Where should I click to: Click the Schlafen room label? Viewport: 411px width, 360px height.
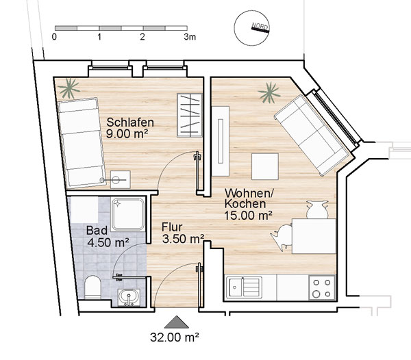pyautogui.click(x=130, y=123)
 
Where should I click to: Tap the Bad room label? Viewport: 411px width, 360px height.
pyautogui.click(x=97, y=231)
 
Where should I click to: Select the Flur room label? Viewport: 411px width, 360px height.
pyautogui.click(x=172, y=227)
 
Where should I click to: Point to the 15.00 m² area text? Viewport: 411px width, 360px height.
pyautogui.click(x=248, y=216)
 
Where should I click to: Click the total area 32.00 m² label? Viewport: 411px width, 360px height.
pyautogui.click(x=174, y=337)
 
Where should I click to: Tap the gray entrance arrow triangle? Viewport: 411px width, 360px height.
pyautogui.click(x=177, y=322)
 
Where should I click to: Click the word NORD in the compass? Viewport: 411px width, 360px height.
pyautogui.click(x=260, y=26)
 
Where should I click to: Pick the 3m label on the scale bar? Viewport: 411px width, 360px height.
pyautogui.click(x=190, y=37)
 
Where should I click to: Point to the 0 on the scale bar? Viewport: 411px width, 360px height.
pyautogui.click(x=54, y=37)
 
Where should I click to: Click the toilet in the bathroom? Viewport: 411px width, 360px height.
pyautogui.click(x=92, y=287)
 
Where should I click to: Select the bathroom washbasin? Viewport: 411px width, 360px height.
pyautogui.click(x=129, y=298)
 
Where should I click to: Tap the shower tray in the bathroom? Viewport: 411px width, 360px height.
pyautogui.click(x=128, y=214)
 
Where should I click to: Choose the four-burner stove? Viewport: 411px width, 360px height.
pyautogui.click(x=322, y=287)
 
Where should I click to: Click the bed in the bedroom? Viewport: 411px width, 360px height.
pyautogui.click(x=82, y=142)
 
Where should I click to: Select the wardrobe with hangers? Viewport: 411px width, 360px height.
pyautogui.click(x=190, y=115)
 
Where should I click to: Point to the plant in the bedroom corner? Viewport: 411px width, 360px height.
pyautogui.click(x=68, y=88)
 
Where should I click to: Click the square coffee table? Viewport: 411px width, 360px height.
pyautogui.click(x=264, y=166)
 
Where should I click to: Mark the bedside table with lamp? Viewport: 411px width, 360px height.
pyautogui.click(x=121, y=179)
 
